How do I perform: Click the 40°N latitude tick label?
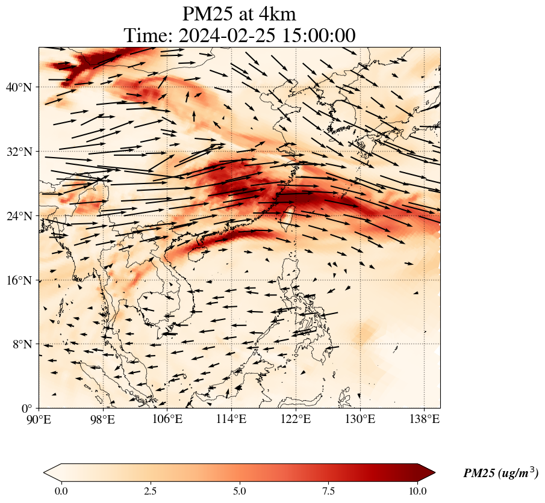22,87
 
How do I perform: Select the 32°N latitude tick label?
22,152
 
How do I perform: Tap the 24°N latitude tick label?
22,216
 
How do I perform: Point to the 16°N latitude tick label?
22,280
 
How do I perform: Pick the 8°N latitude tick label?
24,344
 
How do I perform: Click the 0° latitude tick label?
28,409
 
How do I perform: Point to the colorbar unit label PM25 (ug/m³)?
500,474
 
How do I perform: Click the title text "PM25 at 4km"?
239,14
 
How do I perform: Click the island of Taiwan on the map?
288,215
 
